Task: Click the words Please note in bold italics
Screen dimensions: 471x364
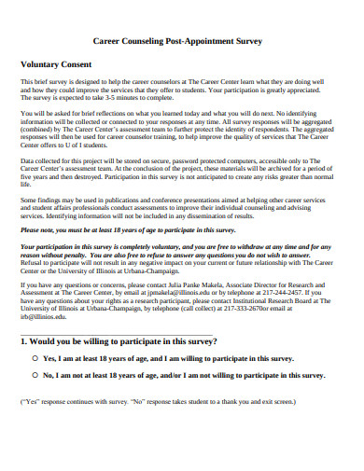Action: tap(41, 229)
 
